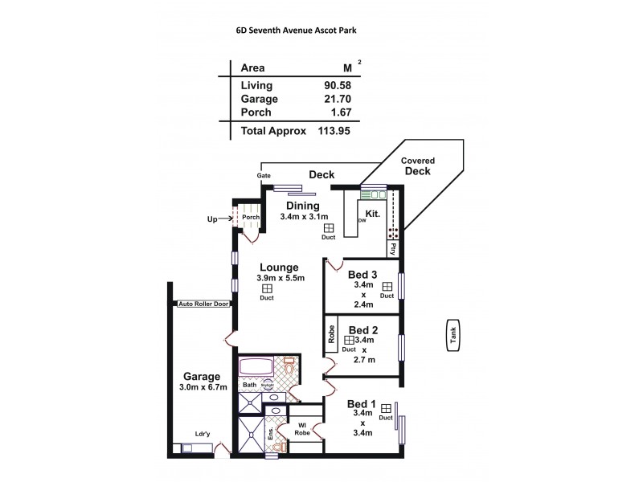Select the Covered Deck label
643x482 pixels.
pos(417,166)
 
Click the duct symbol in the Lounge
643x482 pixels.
pos(267,288)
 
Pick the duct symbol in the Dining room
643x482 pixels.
pos(328,228)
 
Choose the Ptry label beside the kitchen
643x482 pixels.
pos(394,249)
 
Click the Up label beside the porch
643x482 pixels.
pos(212,219)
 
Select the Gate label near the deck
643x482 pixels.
pos(263,174)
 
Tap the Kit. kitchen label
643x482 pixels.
pos(372,214)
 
